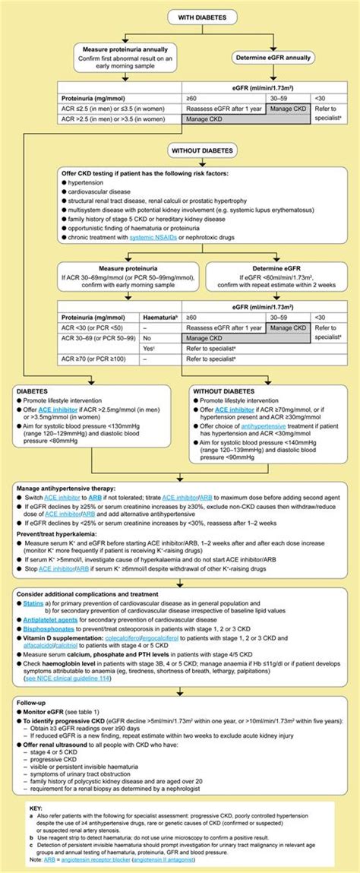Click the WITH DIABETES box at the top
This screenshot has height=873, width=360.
tap(180, 17)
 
